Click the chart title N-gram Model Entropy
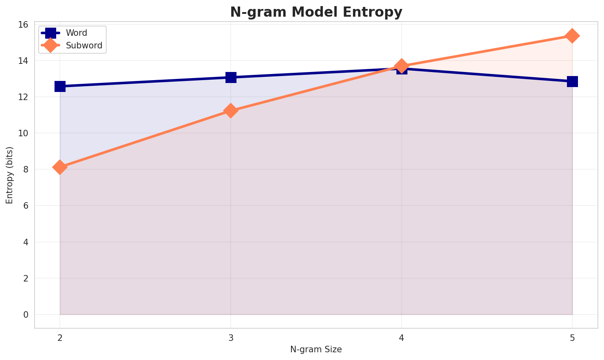coord(316,12)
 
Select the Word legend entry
coord(77,33)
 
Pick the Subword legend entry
coord(84,45)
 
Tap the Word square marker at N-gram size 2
coord(60,86)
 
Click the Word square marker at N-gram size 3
coord(231,77)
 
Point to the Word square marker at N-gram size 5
coord(572,81)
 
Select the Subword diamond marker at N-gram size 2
coord(60,167)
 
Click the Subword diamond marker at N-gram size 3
coord(231,111)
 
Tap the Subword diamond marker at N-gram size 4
coord(402,65)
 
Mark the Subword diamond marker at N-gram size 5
coord(572,36)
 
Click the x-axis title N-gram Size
coord(316,349)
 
